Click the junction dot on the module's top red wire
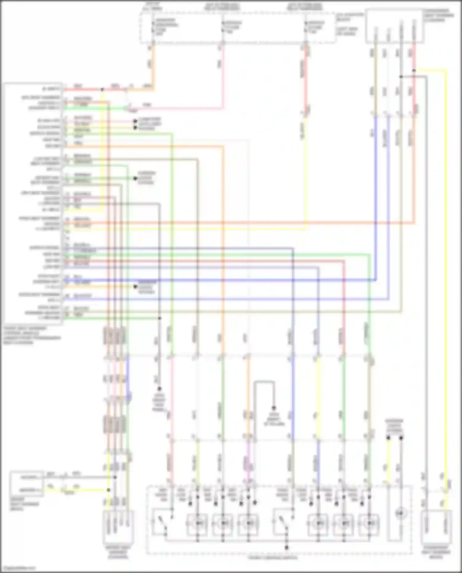tap(102, 90)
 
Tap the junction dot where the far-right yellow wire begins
tap(414, 71)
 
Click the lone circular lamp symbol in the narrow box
tap(400, 513)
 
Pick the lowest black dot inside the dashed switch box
tap(286, 547)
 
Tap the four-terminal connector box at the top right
tap(395, 26)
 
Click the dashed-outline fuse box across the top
tap(237, 28)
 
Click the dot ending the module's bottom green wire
tap(160, 318)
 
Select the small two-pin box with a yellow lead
tap(27, 483)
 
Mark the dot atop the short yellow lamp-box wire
tap(388, 438)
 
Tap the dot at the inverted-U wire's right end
tap(274, 408)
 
